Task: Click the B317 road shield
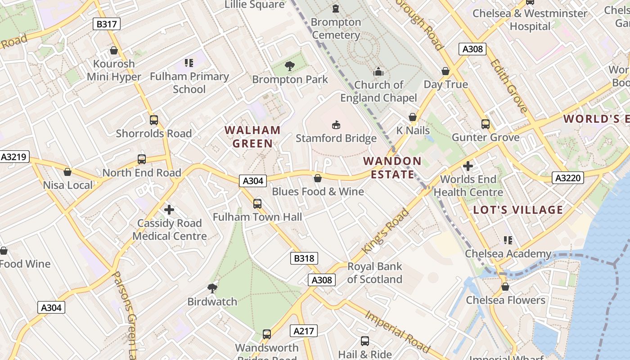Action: point(107,24)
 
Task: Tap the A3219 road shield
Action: point(14,157)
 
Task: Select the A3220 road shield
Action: point(568,178)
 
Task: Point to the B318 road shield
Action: point(304,258)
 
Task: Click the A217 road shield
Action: point(304,331)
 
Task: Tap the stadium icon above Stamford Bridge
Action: point(336,125)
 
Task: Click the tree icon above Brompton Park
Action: point(290,67)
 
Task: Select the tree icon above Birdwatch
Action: point(212,288)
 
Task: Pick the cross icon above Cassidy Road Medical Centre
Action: point(169,210)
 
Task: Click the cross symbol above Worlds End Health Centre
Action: point(468,166)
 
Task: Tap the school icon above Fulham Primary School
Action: point(189,63)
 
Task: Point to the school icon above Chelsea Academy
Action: point(508,240)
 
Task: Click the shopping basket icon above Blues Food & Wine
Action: point(318,178)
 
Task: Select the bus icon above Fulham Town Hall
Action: point(257,204)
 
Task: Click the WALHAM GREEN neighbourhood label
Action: point(252,137)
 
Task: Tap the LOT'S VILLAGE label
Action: point(518,210)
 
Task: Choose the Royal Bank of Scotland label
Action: point(374,273)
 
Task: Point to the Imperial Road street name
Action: point(397,330)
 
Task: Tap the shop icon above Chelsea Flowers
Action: point(505,287)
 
